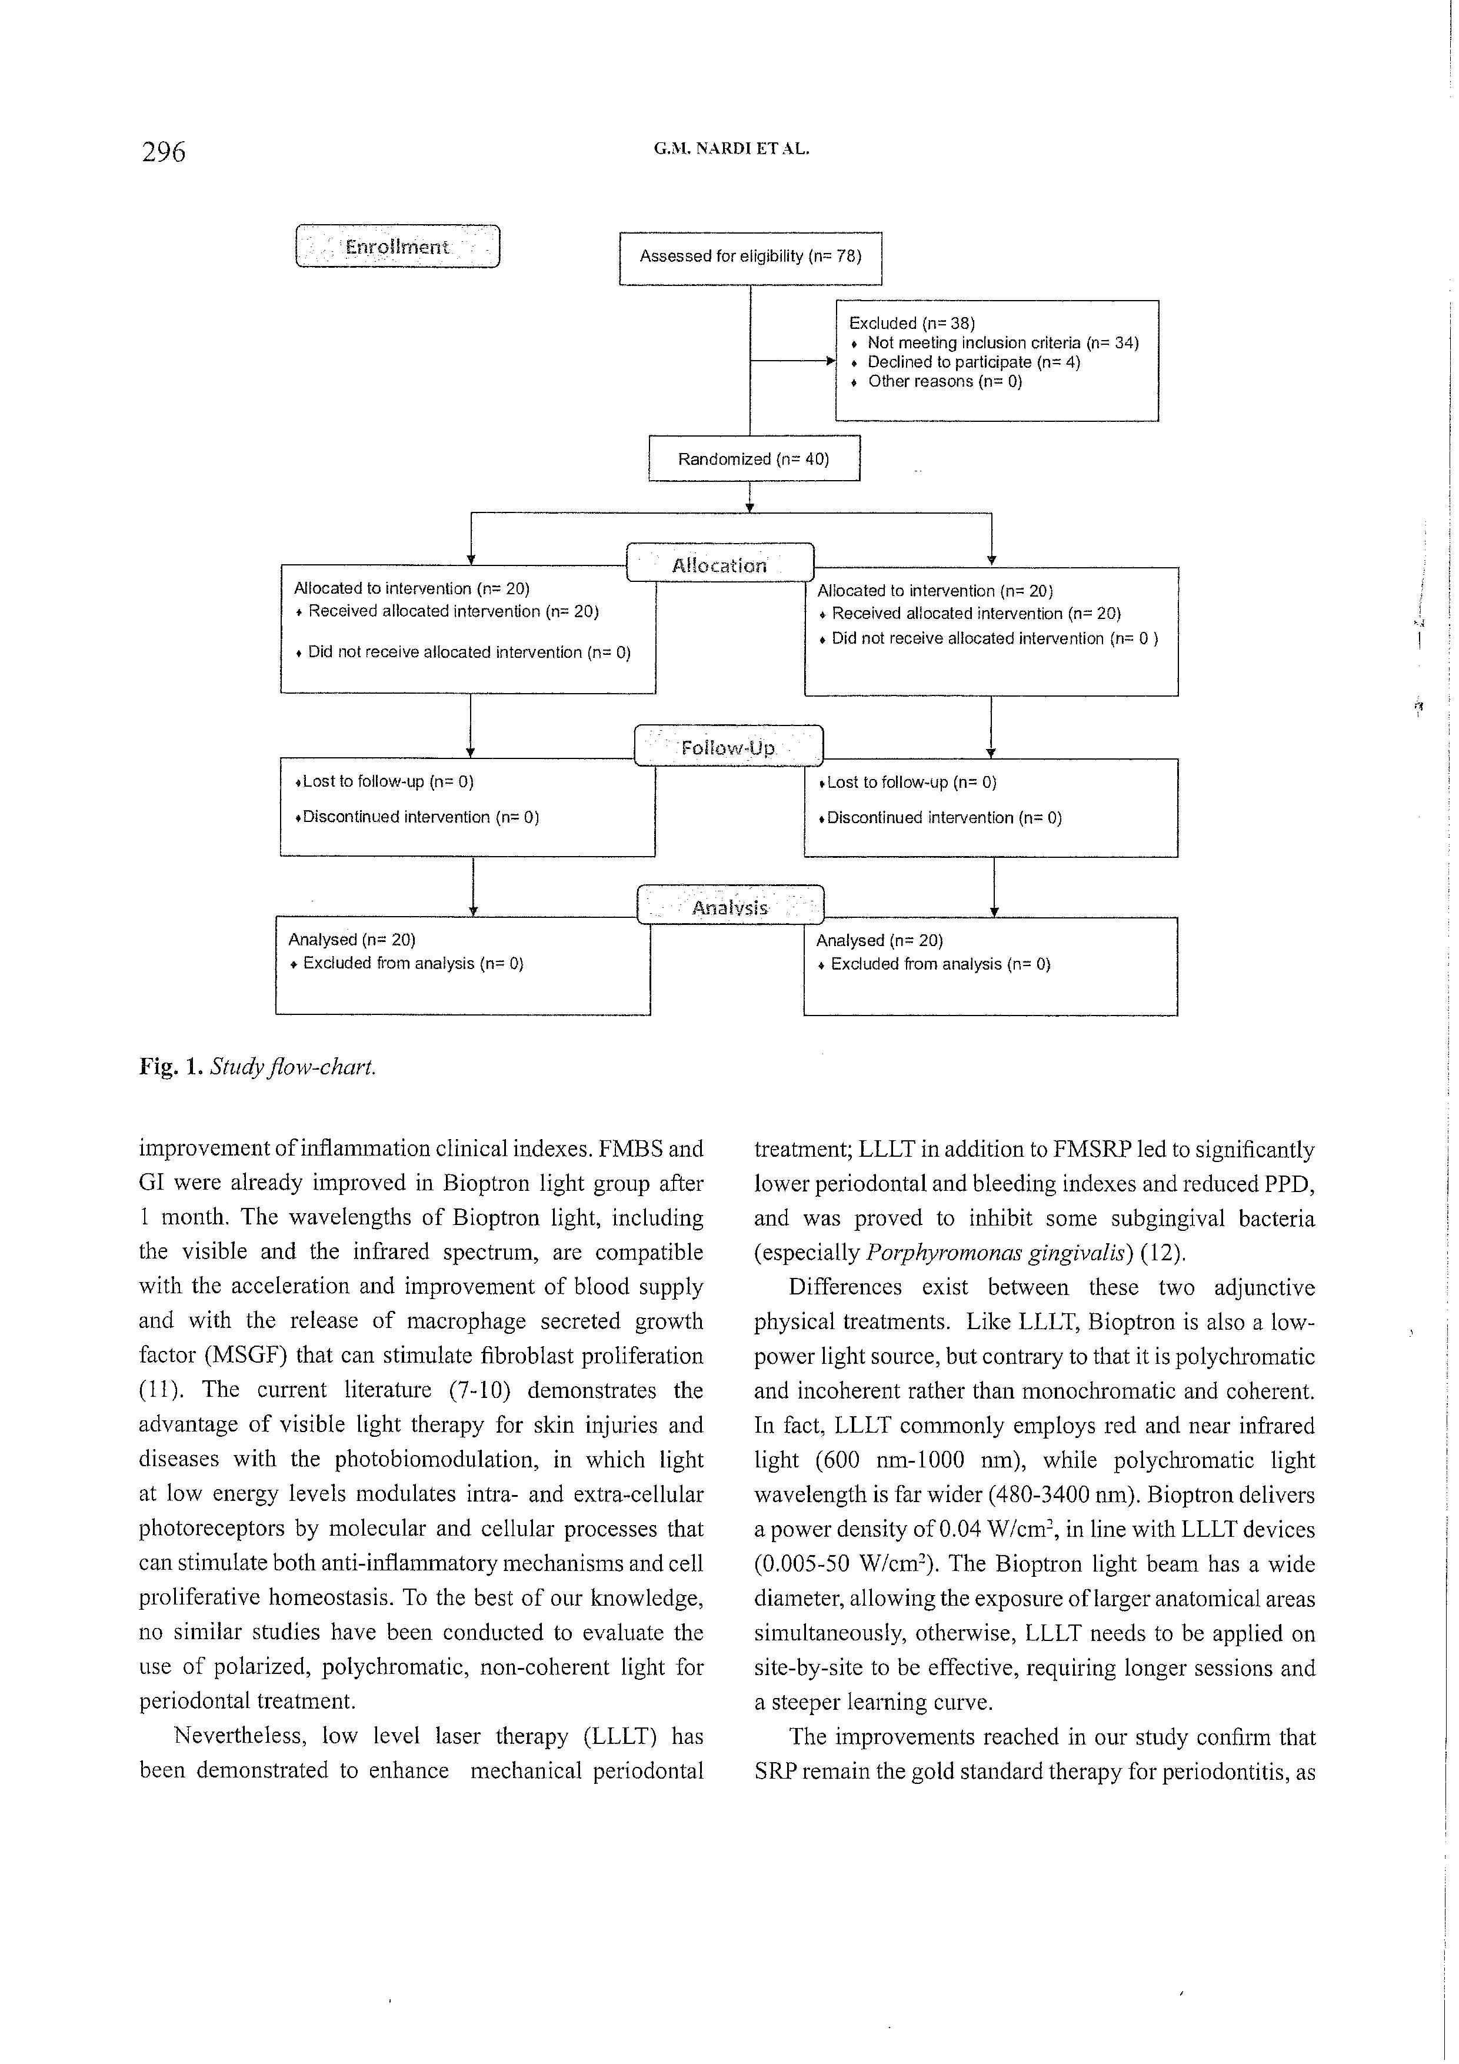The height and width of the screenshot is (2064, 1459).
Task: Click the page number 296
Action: click(x=163, y=152)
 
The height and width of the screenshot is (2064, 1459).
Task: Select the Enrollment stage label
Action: click(x=397, y=247)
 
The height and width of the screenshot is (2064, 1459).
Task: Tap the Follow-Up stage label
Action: click(x=728, y=747)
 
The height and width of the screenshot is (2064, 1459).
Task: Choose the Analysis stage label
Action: click(x=730, y=907)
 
